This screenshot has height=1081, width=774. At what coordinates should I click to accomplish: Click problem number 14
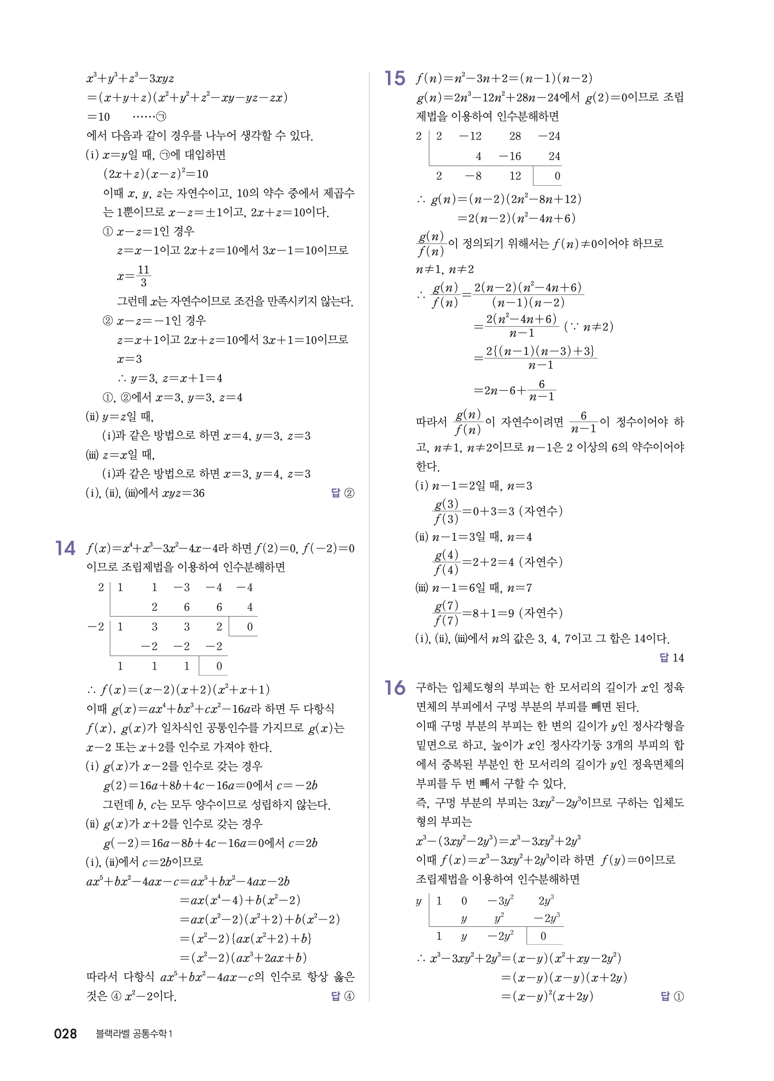pyautogui.click(x=65, y=548)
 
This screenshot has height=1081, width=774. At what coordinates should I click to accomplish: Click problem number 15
pyautogui.click(x=395, y=79)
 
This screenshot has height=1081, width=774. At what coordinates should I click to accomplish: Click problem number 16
pyautogui.click(x=395, y=688)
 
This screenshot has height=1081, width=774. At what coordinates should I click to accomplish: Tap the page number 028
pyautogui.click(x=66, y=1034)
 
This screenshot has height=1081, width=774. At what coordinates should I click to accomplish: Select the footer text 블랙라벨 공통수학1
pyautogui.click(x=134, y=1034)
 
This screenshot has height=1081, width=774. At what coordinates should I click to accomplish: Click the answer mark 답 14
pyautogui.click(x=672, y=658)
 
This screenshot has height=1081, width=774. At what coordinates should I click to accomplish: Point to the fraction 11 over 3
pyautogui.click(x=143, y=276)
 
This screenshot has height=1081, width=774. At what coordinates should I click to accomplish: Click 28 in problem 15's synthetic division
pyautogui.click(x=515, y=136)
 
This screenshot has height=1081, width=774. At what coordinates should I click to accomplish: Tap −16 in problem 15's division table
pyautogui.click(x=510, y=157)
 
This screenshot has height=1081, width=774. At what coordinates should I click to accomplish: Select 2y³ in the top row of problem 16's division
pyautogui.click(x=546, y=901)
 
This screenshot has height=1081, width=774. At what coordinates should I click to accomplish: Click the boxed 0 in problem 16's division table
pyautogui.click(x=543, y=936)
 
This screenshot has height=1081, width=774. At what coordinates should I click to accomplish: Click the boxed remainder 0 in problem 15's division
pyautogui.click(x=557, y=176)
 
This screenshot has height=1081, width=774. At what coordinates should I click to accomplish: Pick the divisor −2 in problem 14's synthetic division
pyautogui.click(x=96, y=627)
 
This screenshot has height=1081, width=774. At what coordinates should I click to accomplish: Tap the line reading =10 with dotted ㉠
pyautogui.click(x=126, y=117)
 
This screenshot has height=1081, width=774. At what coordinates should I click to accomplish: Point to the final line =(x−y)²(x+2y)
pyautogui.click(x=547, y=996)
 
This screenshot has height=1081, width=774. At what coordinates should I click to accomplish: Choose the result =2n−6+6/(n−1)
pyautogui.click(x=515, y=390)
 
